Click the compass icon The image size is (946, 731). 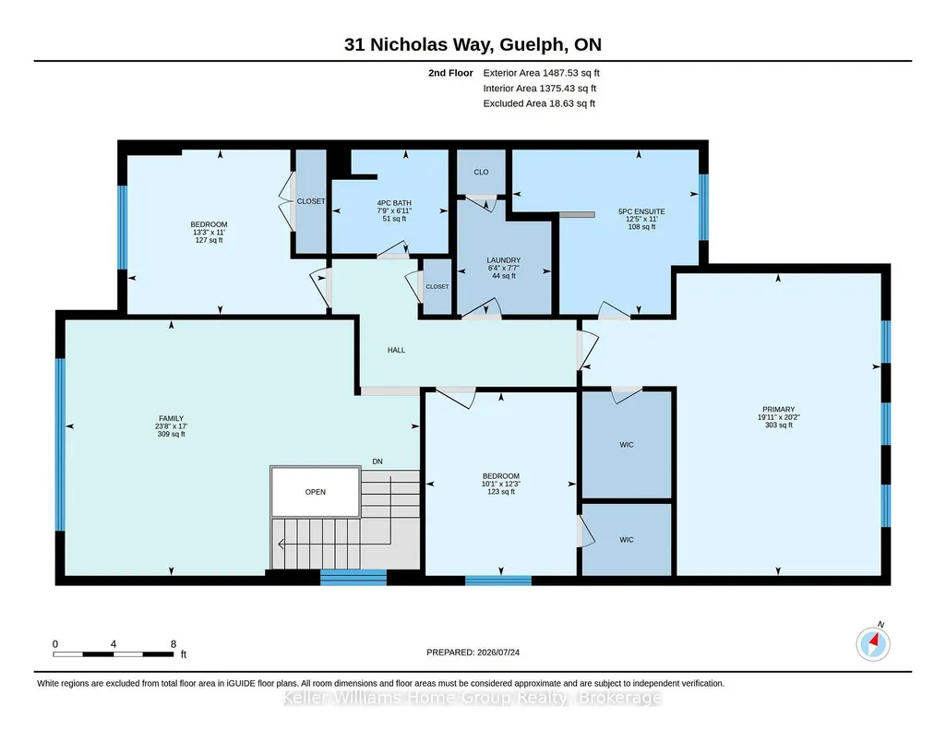pos(873,644)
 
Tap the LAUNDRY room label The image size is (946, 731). pos(503,260)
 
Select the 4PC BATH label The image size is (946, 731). pos(394,203)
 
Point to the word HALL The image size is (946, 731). pos(396,350)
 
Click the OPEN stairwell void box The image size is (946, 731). pos(316,492)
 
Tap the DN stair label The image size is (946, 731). pos(377,461)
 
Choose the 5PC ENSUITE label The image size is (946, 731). pos(641,211)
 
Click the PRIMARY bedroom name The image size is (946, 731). pos(778,409)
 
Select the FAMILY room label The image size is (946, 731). pos(172,419)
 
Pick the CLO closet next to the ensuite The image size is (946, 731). pos(481,172)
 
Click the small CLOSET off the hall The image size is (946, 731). pos(437,286)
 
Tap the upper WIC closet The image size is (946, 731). pos(627,445)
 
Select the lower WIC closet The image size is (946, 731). pos(627,540)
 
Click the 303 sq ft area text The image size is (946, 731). pos(778,425)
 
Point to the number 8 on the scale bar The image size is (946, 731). pos(174,644)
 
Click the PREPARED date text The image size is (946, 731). pos(473,652)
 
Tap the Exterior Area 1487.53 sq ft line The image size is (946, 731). pos(541,73)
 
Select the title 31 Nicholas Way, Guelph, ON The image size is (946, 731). pos(473,44)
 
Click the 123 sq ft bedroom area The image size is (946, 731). pos(501,492)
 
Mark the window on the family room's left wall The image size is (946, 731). pos(60,445)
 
